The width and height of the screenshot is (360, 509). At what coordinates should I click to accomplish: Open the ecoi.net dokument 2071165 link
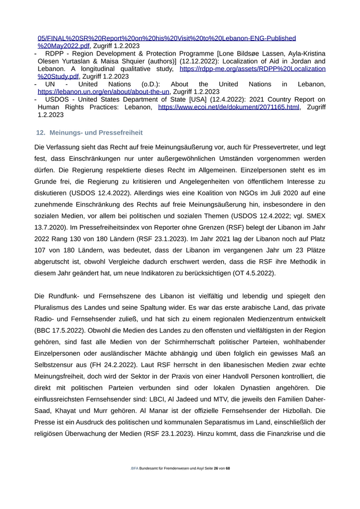pos(228,107)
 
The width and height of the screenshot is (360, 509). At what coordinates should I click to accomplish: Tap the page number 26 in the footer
pos(216,468)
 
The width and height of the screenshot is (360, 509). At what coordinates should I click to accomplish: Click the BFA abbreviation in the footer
pos(135,468)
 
